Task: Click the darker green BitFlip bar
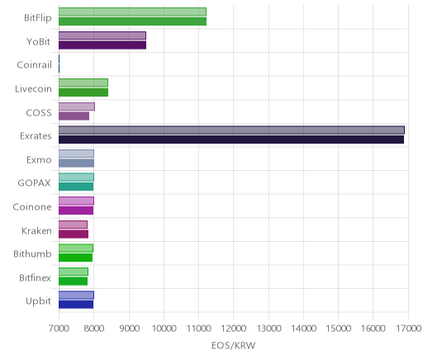tap(132, 21)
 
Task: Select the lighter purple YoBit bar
tap(102, 36)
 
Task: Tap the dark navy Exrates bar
tap(231, 140)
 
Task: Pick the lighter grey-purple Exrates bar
tap(231, 130)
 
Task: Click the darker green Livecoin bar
tap(83, 92)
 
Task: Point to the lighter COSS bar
tap(77, 107)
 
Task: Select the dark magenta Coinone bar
tap(76, 211)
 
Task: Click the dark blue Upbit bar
tap(76, 305)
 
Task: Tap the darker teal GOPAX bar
tap(76, 187)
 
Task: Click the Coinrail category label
tap(34, 65)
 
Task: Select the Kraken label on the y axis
tap(36, 230)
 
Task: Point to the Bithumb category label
tap(32, 253)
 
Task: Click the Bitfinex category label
tap(35, 277)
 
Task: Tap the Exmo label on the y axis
tap(39, 160)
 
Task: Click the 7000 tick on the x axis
tap(59, 329)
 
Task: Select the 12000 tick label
tap(234, 329)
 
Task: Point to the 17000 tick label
tap(409, 329)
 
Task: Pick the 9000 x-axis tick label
tap(129, 329)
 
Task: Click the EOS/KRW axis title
tap(233, 346)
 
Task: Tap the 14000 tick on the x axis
tap(304, 329)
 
